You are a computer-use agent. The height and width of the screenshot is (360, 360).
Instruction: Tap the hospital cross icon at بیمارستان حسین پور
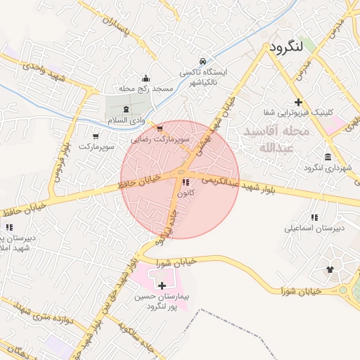(162, 285)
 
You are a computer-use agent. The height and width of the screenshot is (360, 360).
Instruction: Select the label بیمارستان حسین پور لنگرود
(167, 302)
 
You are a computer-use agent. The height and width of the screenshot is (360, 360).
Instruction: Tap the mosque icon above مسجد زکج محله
(146, 77)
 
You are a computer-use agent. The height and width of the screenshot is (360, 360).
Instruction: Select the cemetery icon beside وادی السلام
(126, 109)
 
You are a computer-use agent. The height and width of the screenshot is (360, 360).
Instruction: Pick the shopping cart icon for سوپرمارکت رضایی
(160, 129)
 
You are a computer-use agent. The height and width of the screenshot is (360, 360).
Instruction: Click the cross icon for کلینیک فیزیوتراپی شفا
(299, 101)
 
